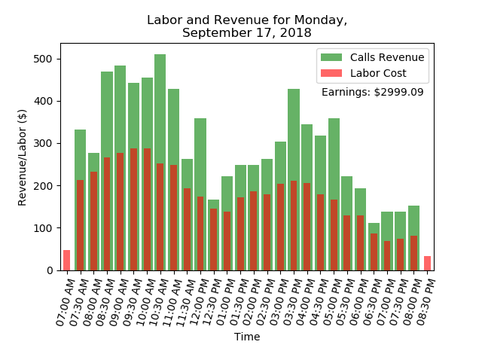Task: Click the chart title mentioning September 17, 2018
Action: click(x=247, y=26)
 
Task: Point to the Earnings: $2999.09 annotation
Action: click(x=372, y=92)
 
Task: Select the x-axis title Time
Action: click(x=247, y=337)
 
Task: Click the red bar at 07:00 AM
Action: click(x=66, y=260)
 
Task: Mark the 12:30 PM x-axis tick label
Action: click(x=212, y=301)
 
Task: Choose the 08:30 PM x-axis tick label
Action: click(x=426, y=301)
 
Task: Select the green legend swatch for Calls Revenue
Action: click(x=331, y=57)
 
